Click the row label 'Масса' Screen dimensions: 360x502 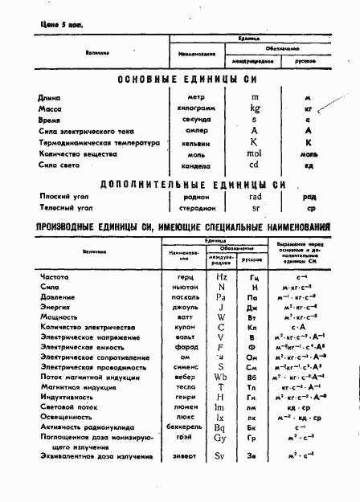[50, 108]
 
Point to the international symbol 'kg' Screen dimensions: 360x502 [255, 108]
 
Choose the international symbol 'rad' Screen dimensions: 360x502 [256, 196]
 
